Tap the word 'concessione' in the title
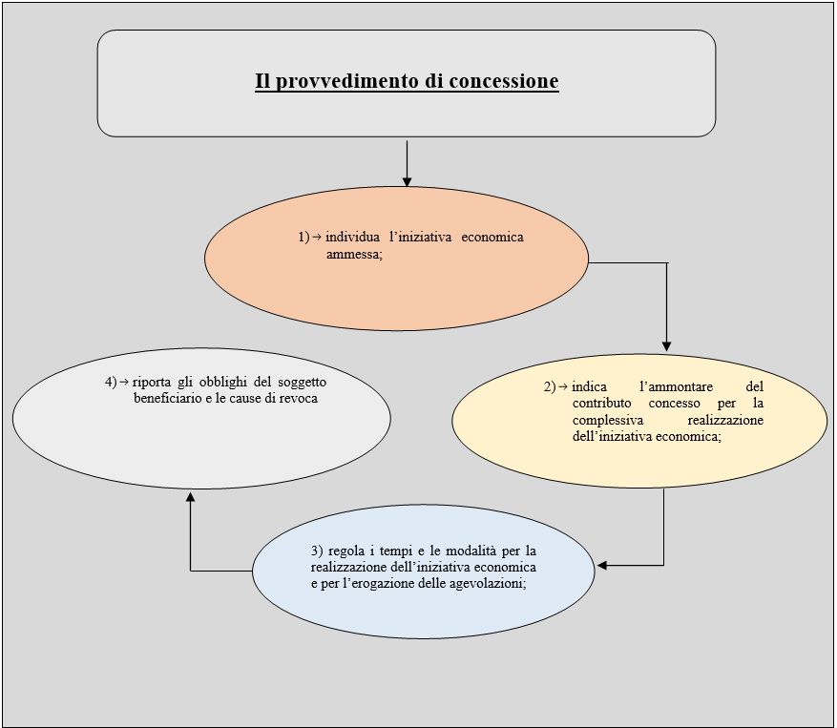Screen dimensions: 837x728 point(504,80)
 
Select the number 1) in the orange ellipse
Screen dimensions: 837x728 point(303,237)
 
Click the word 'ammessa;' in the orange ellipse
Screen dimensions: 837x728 point(354,254)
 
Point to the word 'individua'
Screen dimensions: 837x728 point(352,237)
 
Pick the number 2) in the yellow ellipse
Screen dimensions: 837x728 point(550,386)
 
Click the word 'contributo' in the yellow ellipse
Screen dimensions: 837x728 point(601,403)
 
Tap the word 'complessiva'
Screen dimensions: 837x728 point(607,420)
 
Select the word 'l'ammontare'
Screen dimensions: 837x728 point(676,386)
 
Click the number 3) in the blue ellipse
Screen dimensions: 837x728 point(317,551)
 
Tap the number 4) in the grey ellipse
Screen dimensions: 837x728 point(111,383)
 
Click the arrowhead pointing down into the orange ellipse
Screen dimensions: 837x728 point(407,181)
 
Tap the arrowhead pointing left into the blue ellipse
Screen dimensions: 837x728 point(602,565)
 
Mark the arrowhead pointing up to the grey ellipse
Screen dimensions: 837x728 point(191,497)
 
